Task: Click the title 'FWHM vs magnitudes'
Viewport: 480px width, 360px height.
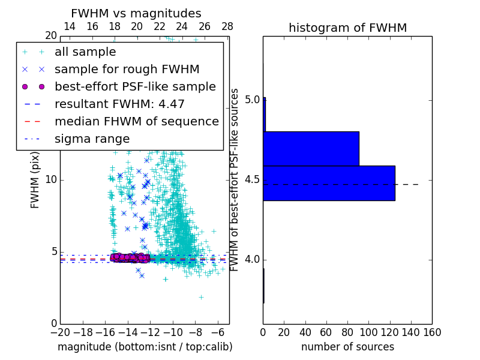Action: (136, 13)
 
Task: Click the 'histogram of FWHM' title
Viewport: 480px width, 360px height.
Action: (347, 28)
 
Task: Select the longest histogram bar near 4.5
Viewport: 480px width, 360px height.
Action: (329, 183)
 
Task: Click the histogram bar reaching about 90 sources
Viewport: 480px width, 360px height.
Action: (311, 148)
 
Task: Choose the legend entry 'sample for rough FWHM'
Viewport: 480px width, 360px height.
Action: (127, 70)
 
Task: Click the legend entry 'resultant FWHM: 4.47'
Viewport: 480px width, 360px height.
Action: (119, 104)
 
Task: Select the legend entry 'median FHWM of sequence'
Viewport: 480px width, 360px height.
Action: (136, 122)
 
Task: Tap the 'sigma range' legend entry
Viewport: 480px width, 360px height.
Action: (92, 139)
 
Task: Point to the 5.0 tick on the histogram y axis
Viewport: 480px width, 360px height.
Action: (253, 99)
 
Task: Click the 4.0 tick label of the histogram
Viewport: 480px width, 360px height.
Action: (253, 259)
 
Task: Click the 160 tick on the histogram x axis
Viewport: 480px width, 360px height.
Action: (432, 332)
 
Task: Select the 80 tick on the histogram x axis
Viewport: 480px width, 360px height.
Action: (347, 332)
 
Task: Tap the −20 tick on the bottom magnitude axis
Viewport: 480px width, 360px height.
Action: (60, 332)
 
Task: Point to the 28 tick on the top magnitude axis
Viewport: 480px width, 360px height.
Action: (227, 26)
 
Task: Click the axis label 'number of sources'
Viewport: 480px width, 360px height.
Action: (347, 347)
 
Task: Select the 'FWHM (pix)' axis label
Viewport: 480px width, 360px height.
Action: (35, 180)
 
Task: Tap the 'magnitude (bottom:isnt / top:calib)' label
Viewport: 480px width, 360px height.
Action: (145, 347)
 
